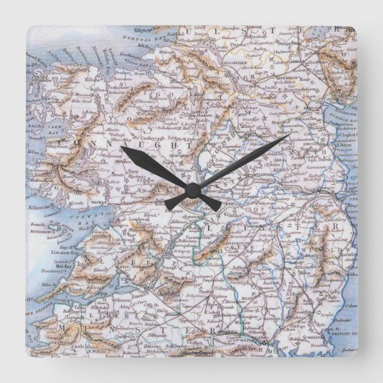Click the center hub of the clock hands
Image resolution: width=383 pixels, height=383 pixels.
(192, 191)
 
